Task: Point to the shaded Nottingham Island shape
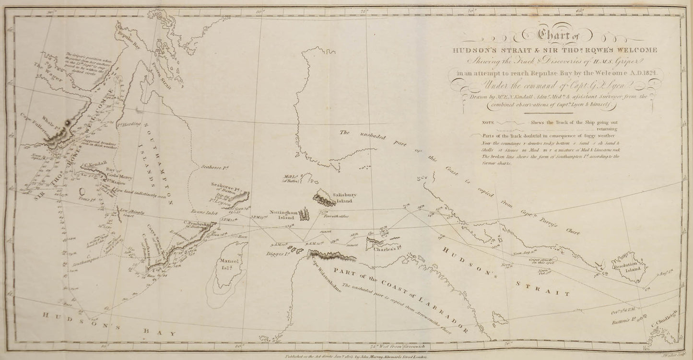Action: tap(304, 215)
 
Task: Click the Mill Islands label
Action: tap(291, 179)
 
